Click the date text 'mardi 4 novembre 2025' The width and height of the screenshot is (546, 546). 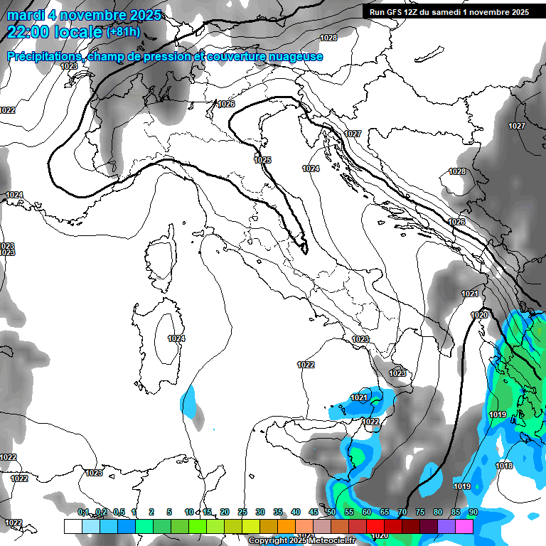[x=84, y=15]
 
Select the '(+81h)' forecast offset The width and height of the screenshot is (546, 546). [x=123, y=32]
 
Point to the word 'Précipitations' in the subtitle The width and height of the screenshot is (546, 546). [x=44, y=57]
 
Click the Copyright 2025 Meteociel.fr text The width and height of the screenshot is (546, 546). [x=302, y=540]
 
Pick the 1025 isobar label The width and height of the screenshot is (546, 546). [x=262, y=161]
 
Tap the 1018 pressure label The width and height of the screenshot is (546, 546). [x=504, y=466]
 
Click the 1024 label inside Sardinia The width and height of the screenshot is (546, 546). [x=176, y=339]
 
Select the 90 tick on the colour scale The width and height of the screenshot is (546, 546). [x=473, y=513]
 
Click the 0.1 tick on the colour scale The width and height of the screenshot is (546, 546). [x=83, y=513]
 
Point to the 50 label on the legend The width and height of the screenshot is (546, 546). [x=331, y=513]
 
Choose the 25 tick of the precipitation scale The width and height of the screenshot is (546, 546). [x=242, y=513]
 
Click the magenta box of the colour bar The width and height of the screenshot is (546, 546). [x=464, y=526]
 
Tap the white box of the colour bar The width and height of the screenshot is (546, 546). [x=73, y=526]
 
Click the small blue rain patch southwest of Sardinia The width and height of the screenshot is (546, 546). [x=188, y=402]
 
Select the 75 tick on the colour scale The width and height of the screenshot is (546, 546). [x=419, y=513]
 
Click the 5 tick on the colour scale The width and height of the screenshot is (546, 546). [x=169, y=513]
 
